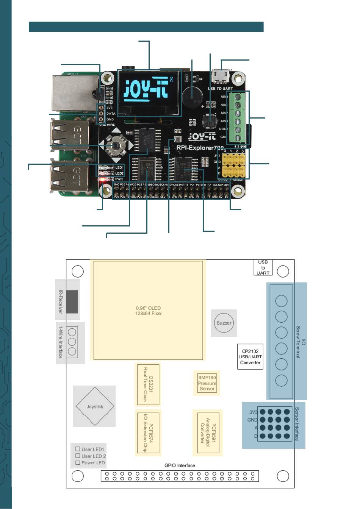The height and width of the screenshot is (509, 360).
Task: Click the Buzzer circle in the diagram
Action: [x=224, y=323]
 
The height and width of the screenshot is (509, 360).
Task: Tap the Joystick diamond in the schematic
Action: [x=94, y=406]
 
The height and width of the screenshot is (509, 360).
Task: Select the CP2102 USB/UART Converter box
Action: [x=250, y=357]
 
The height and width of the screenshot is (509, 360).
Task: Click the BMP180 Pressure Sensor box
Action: [x=207, y=383]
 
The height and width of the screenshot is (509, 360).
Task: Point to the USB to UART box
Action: [x=263, y=267]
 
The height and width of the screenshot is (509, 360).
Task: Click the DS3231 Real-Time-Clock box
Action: [x=148, y=384]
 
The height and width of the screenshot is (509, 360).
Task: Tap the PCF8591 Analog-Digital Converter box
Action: [x=208, y=432]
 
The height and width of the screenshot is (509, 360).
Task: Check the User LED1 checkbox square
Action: [x=78, y=449]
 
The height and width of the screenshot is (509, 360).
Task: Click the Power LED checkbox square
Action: [x=78, y=463]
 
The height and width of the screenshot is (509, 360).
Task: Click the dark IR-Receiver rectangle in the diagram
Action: [x=72, y=301]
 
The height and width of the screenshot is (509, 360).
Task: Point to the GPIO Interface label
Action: [x=180, y=465]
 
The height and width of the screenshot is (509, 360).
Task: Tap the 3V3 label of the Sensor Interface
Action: [x=253, y=412]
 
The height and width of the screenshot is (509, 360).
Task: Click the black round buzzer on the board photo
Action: [x=191, y=97]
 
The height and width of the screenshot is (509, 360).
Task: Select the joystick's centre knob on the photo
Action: [x=116, y=145]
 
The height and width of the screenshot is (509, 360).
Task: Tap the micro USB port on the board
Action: [x=220, y=76]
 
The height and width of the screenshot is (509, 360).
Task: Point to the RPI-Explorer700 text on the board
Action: [x=200, y=148]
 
